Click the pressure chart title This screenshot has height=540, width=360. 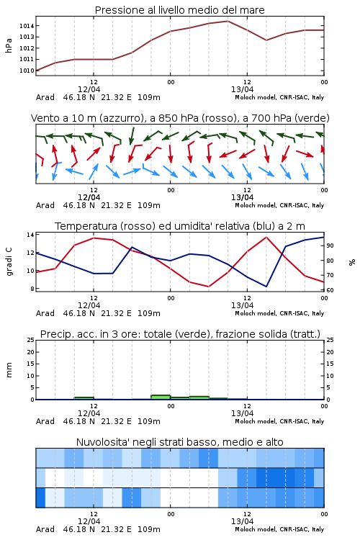(x=180, y=10)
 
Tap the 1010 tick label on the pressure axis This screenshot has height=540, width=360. (x=27, y=71)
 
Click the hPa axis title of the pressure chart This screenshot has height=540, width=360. (x=9, y=45)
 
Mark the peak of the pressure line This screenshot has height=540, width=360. (x=228, y=21)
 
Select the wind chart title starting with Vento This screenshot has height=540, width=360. (x=180, y=118)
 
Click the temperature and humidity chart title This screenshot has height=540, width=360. (x=180, y=226)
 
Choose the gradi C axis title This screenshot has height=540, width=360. (x=9, y=262)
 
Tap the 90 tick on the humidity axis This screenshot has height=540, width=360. (x=330, y=246)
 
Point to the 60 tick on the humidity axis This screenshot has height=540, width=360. (x=330, y=290)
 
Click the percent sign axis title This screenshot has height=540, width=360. (x=352, y=262)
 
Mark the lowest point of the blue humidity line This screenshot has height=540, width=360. (x=266, y=286)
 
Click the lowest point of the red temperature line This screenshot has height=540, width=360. (x=208, y=286)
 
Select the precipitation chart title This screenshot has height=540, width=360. (x=180, y=334)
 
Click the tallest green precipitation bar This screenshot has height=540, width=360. (x=161, y=397)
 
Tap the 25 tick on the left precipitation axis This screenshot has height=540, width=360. (x=31, y=340)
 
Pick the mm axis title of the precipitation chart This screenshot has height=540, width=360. (x=9, y=370)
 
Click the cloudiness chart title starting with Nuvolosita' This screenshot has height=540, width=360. (x=180, y=442)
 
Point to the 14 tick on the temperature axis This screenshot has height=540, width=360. (x=30, y=235)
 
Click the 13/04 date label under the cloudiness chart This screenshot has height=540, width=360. (x=242, y=521)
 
